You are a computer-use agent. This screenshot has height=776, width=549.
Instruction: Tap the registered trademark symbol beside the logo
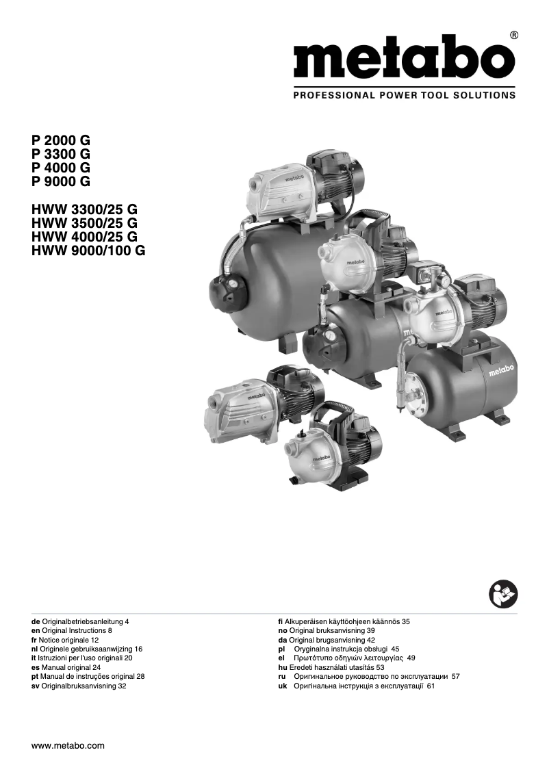[x=513, y=35]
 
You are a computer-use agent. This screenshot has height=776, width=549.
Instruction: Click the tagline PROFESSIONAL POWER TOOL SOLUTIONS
[x=404, y=96]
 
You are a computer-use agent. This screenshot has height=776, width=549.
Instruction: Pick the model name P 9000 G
[x=61, y=181]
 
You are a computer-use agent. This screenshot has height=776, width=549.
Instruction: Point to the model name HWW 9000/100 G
[x=88, y=250]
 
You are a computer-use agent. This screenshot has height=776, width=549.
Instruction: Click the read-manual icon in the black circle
[x=503, y=593]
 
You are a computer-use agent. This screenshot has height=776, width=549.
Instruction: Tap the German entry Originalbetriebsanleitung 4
[x=81, y=621]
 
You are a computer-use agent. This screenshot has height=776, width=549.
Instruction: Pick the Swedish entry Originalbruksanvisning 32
[x=79, y=685]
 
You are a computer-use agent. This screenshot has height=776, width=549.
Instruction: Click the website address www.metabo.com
[x=68, y=746]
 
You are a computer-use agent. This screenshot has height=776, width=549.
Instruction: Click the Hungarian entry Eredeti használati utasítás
[x=327, y=667]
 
